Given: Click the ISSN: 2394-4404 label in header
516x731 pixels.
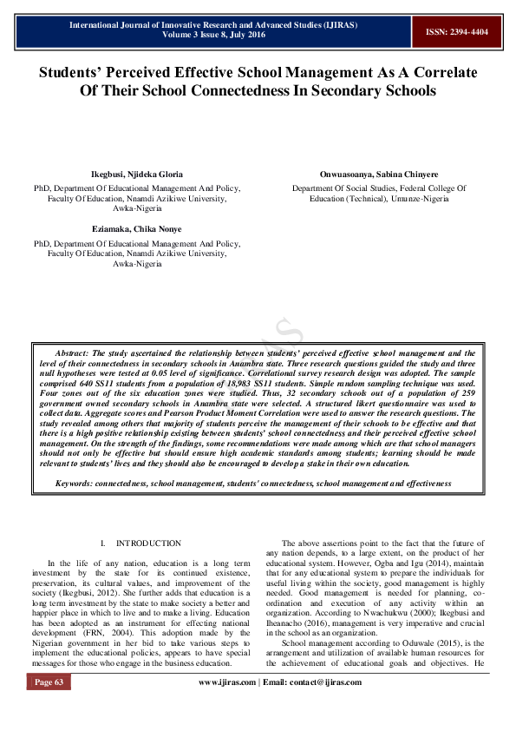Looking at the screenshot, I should pyautogui.click(x=457, y=31).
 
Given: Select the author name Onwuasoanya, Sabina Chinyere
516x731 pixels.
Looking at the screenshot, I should pyautogui.click(x=379, y=175).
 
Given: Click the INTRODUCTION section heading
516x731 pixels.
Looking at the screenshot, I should pyautogui.click(x=149, y=543).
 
